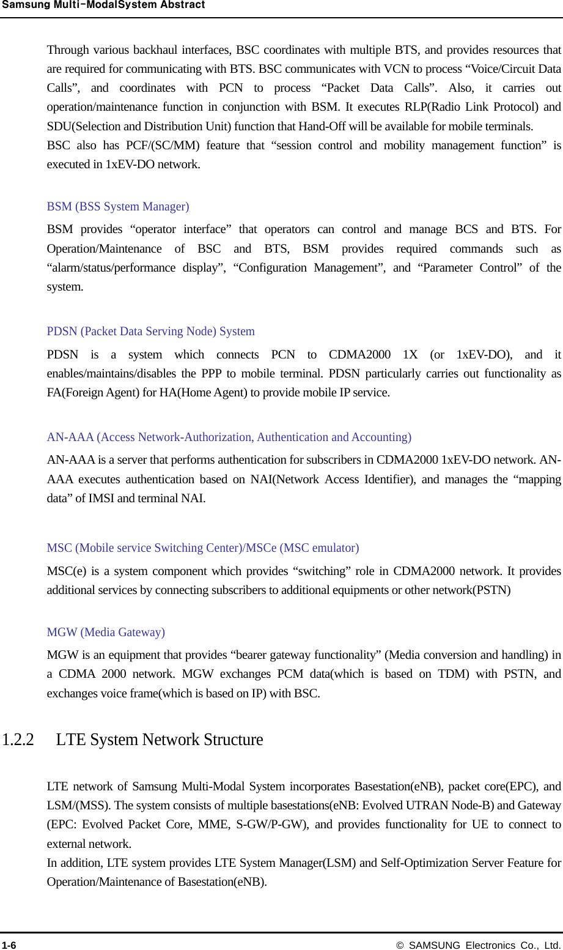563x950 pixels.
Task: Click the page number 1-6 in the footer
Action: click(x=9, y=945)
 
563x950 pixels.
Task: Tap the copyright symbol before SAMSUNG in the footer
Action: click(x=400, y=945)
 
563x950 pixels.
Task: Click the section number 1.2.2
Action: click(x=18, y=740)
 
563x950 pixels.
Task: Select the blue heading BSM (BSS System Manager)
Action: click(x=118, y=207)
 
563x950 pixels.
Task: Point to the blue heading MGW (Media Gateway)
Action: click(x=106, y=633)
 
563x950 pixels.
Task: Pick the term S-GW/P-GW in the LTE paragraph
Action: click(x=271, y=825)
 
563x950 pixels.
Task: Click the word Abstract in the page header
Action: click(x=182, y=5)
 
